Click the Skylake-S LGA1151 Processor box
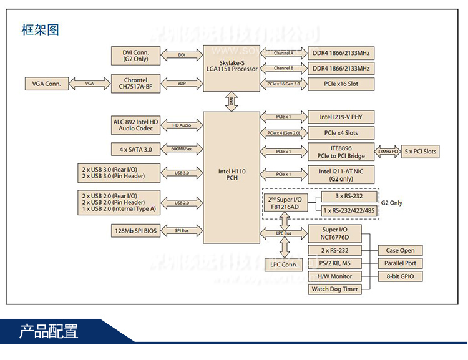pos(232,64)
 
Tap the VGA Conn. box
pos(46,84)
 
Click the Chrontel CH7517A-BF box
pos(135,84)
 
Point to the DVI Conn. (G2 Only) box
pos(135,55)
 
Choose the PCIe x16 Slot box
pos(341,84)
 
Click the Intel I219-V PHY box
pos(341,116)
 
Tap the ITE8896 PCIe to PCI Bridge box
pos(341,151)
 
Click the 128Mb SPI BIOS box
pos(135,231)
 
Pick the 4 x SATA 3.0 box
pos(135,149)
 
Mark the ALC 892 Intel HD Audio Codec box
pos(135,125)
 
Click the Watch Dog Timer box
pos(334,289)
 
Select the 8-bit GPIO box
pos(400,276)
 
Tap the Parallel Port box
pos(400,263)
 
